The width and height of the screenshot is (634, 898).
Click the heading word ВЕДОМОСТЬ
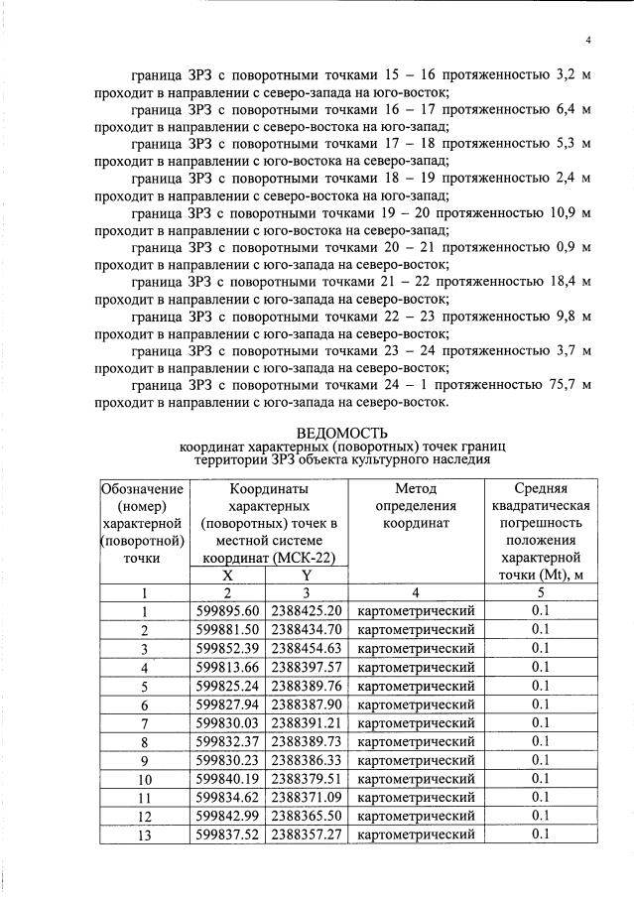point(342,433)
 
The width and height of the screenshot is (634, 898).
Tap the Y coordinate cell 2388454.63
point(307,648)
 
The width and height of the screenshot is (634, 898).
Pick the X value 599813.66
point(228,667)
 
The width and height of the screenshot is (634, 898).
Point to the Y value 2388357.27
point(307,834)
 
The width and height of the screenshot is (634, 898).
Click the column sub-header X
point(228,574)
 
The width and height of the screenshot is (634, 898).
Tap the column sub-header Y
point(307,574)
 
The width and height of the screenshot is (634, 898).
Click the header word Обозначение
point(143,488)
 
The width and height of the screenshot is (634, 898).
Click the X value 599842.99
point(228,816)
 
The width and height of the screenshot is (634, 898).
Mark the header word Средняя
point(541,488)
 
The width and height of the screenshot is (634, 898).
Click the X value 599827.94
point(228,704)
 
